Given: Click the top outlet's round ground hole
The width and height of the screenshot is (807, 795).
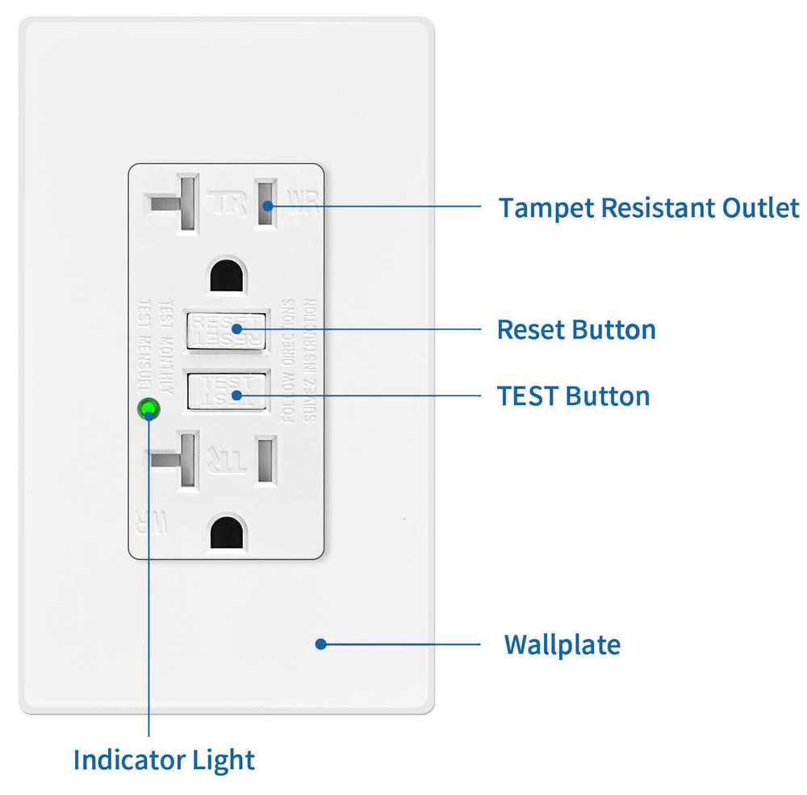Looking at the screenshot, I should coord(226,277).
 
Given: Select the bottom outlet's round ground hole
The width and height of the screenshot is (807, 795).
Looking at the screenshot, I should coord(226,533).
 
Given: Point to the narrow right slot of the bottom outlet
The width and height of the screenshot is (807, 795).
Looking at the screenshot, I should coord(266,461).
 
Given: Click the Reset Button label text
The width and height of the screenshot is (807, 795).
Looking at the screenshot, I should coord(575,330).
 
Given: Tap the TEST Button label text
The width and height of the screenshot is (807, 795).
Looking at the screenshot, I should coord(573,396).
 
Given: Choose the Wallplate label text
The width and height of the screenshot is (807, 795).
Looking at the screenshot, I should coord(562,645).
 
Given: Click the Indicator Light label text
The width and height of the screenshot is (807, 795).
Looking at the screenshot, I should coord(164,759).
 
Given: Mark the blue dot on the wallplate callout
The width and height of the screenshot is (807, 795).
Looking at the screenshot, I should coord(320,643).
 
